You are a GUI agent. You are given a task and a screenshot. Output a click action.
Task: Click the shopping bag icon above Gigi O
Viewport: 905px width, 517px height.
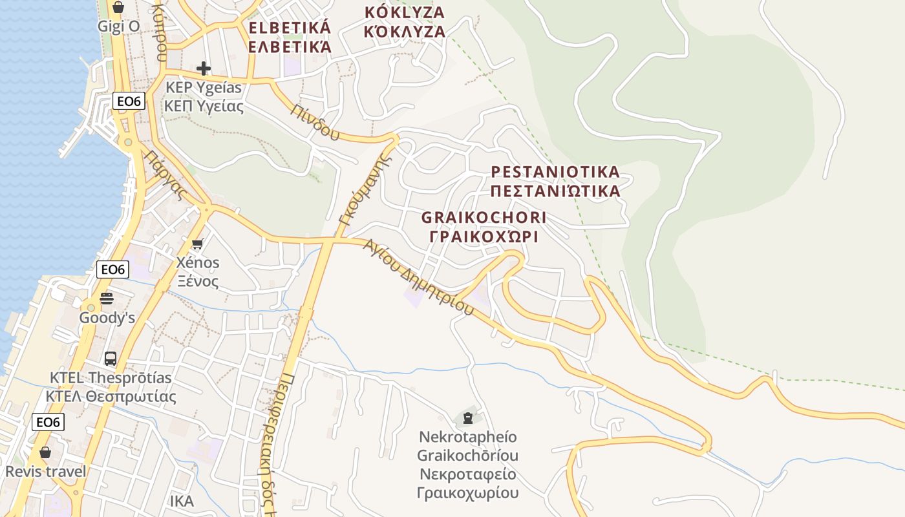click(118, 8)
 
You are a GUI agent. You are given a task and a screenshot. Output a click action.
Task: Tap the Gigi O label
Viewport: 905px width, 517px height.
click(118, 26)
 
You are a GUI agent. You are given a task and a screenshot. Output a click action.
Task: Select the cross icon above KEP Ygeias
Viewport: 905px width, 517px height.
click(204, 68)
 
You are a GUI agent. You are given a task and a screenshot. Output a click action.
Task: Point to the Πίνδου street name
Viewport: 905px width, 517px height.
click(315, 121)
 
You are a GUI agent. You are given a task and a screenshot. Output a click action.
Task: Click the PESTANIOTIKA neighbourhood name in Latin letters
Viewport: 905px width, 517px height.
click(555, 172)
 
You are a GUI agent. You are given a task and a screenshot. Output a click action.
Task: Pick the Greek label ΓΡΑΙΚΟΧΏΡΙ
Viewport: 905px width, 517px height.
click(484, 237)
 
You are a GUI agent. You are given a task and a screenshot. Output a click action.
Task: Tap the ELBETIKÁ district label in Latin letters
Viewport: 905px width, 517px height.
click(290, 28)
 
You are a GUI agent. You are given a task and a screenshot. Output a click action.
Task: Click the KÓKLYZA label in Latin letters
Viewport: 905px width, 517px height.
click(405, 12)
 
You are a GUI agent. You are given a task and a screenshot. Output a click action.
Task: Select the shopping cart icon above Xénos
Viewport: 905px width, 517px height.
click(197, 244)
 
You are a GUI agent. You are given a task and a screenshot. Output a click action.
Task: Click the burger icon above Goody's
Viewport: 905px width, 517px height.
click(107, 299)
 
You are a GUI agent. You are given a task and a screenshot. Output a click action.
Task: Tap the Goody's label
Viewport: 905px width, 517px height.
click(107, 318)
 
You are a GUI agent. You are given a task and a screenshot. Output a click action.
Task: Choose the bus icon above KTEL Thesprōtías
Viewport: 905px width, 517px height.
click(111, 359)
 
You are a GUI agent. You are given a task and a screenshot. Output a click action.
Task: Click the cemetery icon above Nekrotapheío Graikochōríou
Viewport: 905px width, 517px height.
click(467, 417)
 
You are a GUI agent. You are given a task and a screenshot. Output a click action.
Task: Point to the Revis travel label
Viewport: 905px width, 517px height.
click(45, 471)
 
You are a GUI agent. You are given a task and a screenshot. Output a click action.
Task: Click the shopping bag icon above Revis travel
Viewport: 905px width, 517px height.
click(45, 452)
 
